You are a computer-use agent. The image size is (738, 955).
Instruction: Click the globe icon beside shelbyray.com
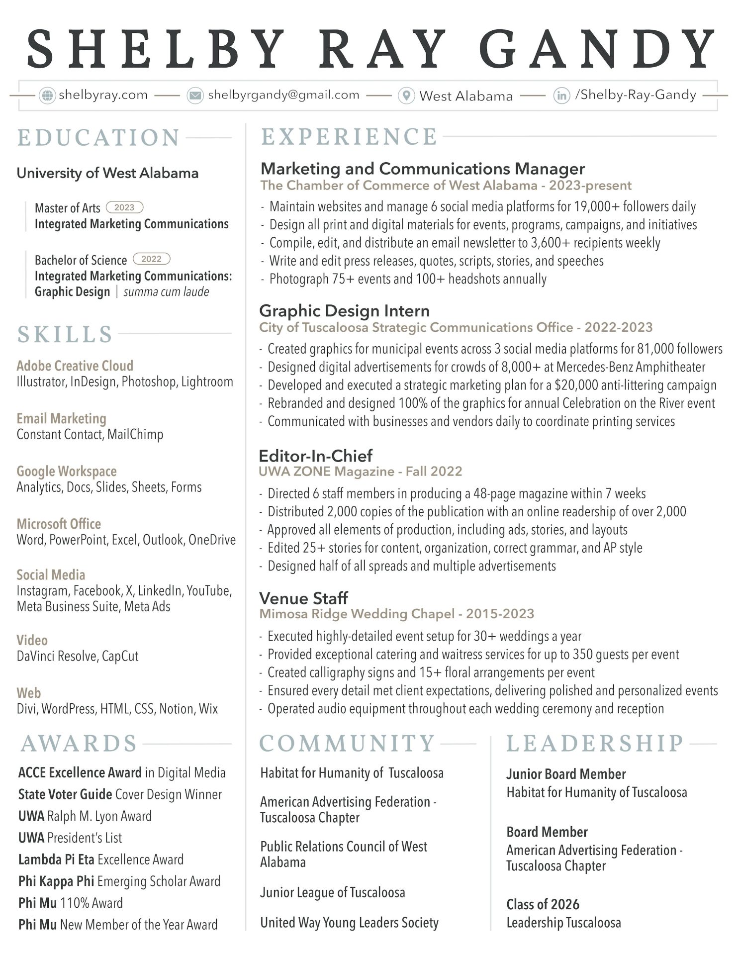coord(47,95)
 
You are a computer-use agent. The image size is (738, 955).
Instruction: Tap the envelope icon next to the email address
coord(195,95)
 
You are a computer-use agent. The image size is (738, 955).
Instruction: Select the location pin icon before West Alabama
coord(406,95)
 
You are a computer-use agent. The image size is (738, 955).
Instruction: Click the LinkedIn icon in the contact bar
coord(561,95)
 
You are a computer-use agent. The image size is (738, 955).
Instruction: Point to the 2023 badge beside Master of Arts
coord(124,207)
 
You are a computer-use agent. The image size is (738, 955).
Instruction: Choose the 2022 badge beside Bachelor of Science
coord(151,259)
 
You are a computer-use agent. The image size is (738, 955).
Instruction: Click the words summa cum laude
coord(166,292)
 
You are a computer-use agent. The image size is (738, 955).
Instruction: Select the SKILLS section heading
coord(65,334)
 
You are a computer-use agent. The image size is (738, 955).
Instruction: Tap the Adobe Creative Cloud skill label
coord(75,366)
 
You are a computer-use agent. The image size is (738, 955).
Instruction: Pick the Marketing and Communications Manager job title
coord(422,169)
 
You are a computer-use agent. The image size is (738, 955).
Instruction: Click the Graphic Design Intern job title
coord(344,311)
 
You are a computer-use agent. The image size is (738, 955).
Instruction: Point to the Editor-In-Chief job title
coord(315,456)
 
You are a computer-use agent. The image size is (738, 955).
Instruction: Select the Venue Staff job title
coord(303,598)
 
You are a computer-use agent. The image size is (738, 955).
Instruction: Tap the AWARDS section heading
coord(79,744)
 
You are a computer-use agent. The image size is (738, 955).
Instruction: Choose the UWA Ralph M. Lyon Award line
coord(85,816)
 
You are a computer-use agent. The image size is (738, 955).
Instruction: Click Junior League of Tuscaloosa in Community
coord(332,893)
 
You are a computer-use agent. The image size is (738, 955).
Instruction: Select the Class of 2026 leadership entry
coord(543,904)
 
